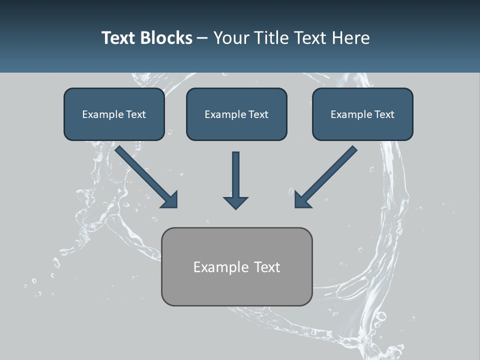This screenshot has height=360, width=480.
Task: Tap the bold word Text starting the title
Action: click(x=119, y=38)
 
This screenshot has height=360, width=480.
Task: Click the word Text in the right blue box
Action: click(x=384, y=114)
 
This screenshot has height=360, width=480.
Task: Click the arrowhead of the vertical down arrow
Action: click(x=235, y=202)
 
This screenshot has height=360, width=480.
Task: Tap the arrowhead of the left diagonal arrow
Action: click(x=170, y=200)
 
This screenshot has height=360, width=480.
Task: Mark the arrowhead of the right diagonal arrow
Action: click(x=302, y=200)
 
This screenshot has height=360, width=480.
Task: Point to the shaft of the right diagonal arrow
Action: click(x=332, y=170)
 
